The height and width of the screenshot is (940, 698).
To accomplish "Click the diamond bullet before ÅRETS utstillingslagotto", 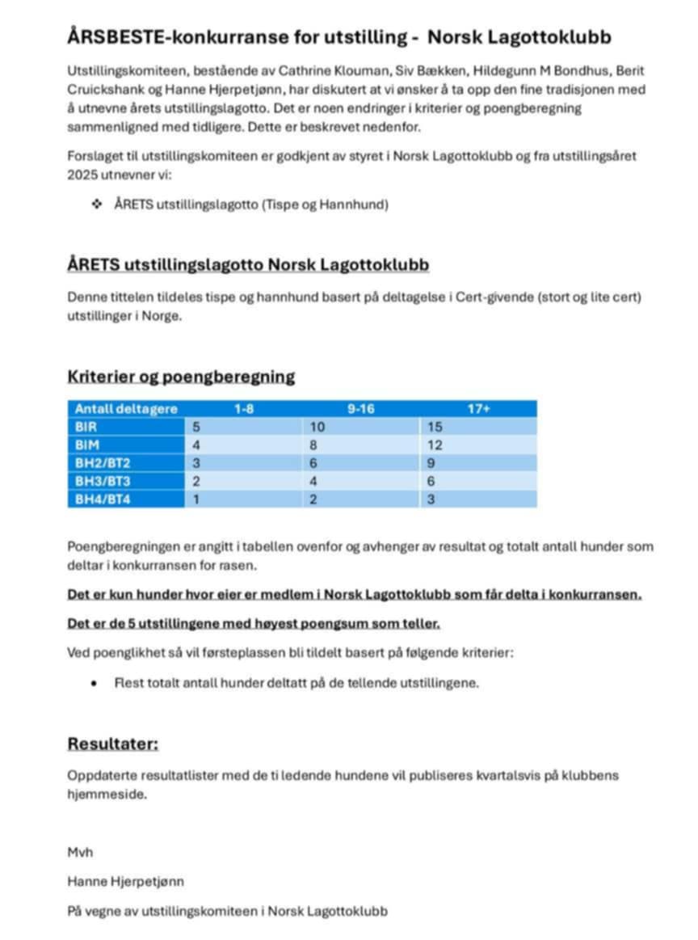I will click(x=98, y=205).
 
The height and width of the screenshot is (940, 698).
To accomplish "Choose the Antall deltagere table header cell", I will click(x=126, y=409).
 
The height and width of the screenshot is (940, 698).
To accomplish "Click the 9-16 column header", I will click(x=360, y=409).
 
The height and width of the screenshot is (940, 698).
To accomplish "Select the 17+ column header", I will click(x=478, y=409).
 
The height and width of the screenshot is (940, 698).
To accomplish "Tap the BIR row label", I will click(x=86, y=427).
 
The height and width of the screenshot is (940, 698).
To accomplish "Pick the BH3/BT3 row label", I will click(x=102, y=482).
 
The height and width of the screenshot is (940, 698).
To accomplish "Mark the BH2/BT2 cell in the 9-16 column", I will click(x=314, y=463).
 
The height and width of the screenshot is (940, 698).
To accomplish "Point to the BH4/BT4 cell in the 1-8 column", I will click(x=196, y=500).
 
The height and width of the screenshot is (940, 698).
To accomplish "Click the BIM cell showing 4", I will click(x=196, y=445).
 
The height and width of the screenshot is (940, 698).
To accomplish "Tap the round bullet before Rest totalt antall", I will click(x=95, y=683).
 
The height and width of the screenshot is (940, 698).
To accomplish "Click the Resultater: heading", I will click(x=112, y=744).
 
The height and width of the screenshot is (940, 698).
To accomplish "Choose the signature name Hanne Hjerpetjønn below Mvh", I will click(x=125, y=881).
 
